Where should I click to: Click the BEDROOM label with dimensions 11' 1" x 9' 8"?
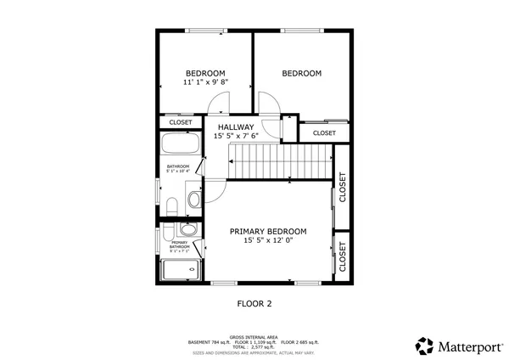click(205, 73)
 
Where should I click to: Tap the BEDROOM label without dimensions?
click(301, 74)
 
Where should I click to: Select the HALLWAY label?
click(235, 127)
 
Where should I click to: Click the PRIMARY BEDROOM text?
click(268, 231)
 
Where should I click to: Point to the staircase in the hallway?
click(280, 160)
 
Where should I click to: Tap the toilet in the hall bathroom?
click(171, 205)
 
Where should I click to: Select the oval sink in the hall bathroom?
click(193, 200)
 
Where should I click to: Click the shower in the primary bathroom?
click(179, 271)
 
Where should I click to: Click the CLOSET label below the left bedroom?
click(181, 122)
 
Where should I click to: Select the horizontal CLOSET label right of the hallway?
click(324, 133)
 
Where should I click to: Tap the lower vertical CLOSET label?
click(343, 256)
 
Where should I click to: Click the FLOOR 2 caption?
click(254, 302)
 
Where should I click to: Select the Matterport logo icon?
click(424, 346)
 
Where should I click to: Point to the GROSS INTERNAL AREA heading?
click(254, 337)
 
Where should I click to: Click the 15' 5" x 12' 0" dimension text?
click(268, 241)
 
